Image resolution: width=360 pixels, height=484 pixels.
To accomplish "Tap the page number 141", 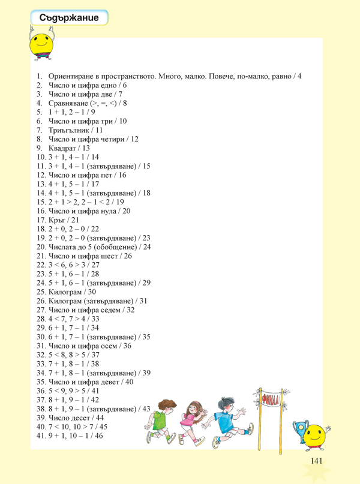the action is pyautogui.click(x=318, y=460).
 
